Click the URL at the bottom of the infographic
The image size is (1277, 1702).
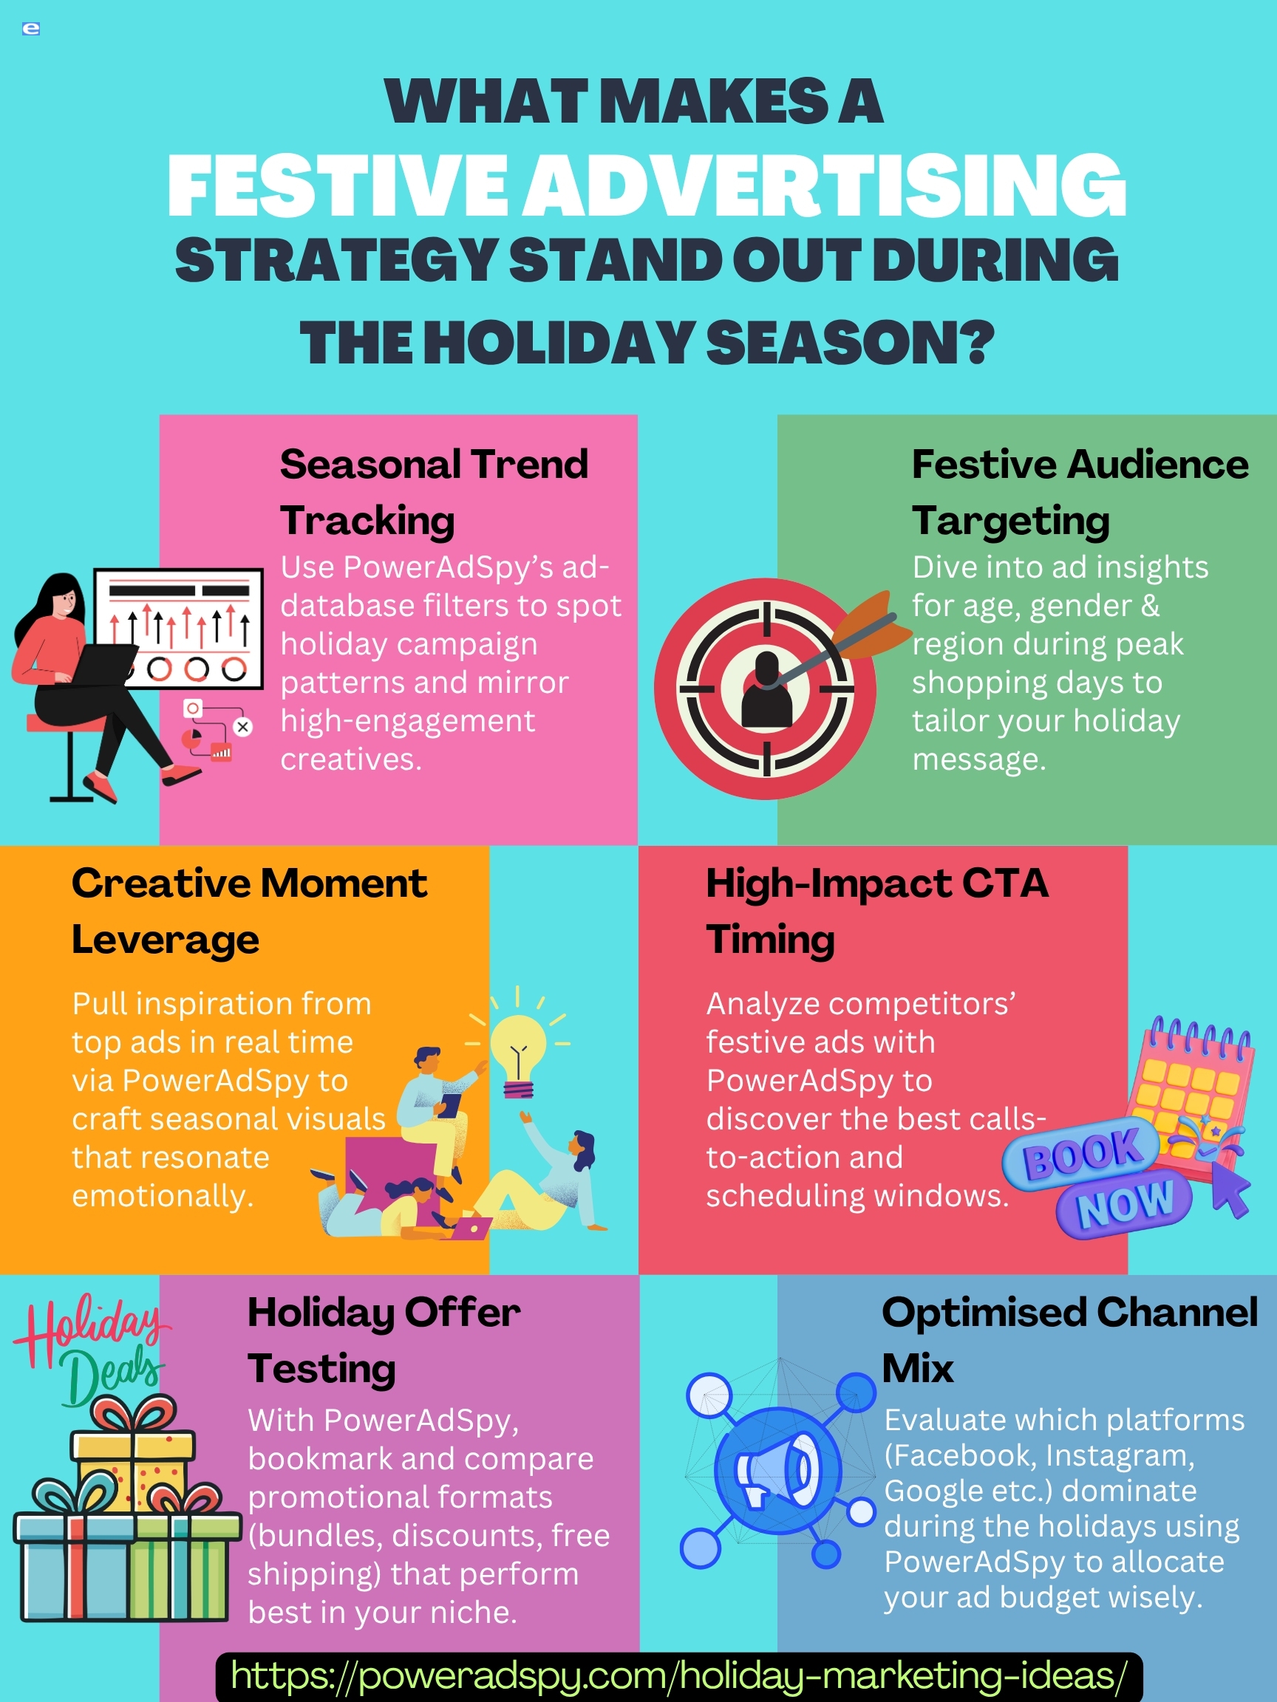pos(679,1675)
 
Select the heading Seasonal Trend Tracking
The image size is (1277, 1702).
pos(433,492)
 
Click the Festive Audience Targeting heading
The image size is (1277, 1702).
pos(1080,492)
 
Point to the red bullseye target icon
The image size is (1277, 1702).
pos(765,688)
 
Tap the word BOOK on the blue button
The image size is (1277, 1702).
pos(1080,1153)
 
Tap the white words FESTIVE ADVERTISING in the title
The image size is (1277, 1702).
pos(647,185)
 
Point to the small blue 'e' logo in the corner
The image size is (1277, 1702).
pos(31,30)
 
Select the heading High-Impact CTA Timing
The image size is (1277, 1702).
pos(877,911)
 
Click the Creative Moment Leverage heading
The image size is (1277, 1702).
pos(248,911)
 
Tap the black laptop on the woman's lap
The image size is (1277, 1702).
pos(104,664)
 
